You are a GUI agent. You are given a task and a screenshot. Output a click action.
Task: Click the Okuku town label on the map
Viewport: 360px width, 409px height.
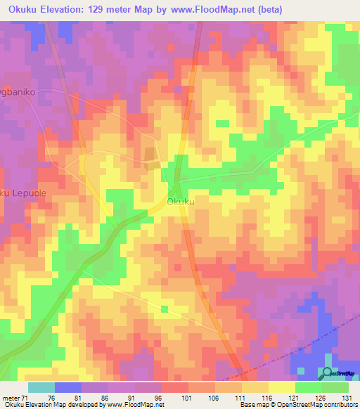pos(181,202)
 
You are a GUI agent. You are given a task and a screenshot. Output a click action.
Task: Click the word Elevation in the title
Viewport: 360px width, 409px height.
pos(69,9)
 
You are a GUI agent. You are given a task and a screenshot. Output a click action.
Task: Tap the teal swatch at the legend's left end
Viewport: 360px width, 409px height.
pos(41,387)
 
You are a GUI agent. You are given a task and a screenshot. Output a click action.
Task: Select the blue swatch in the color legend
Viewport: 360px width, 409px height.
pos(68,387)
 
